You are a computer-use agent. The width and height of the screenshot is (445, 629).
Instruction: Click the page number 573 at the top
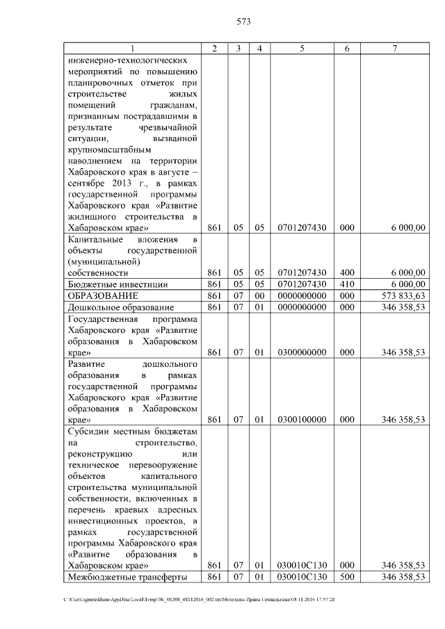click(x=243, y=22)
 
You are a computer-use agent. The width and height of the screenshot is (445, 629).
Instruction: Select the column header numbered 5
click(x=302, y=48)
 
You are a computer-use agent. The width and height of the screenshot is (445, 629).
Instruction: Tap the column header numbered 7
click(x=394, y=48)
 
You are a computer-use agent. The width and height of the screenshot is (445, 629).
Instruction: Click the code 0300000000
click(x=302, y=352)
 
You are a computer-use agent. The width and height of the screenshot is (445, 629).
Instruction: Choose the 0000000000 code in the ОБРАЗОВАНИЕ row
click(x=302, y=295)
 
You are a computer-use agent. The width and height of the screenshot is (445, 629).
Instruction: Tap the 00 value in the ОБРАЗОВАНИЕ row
click(x=259, y=295)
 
